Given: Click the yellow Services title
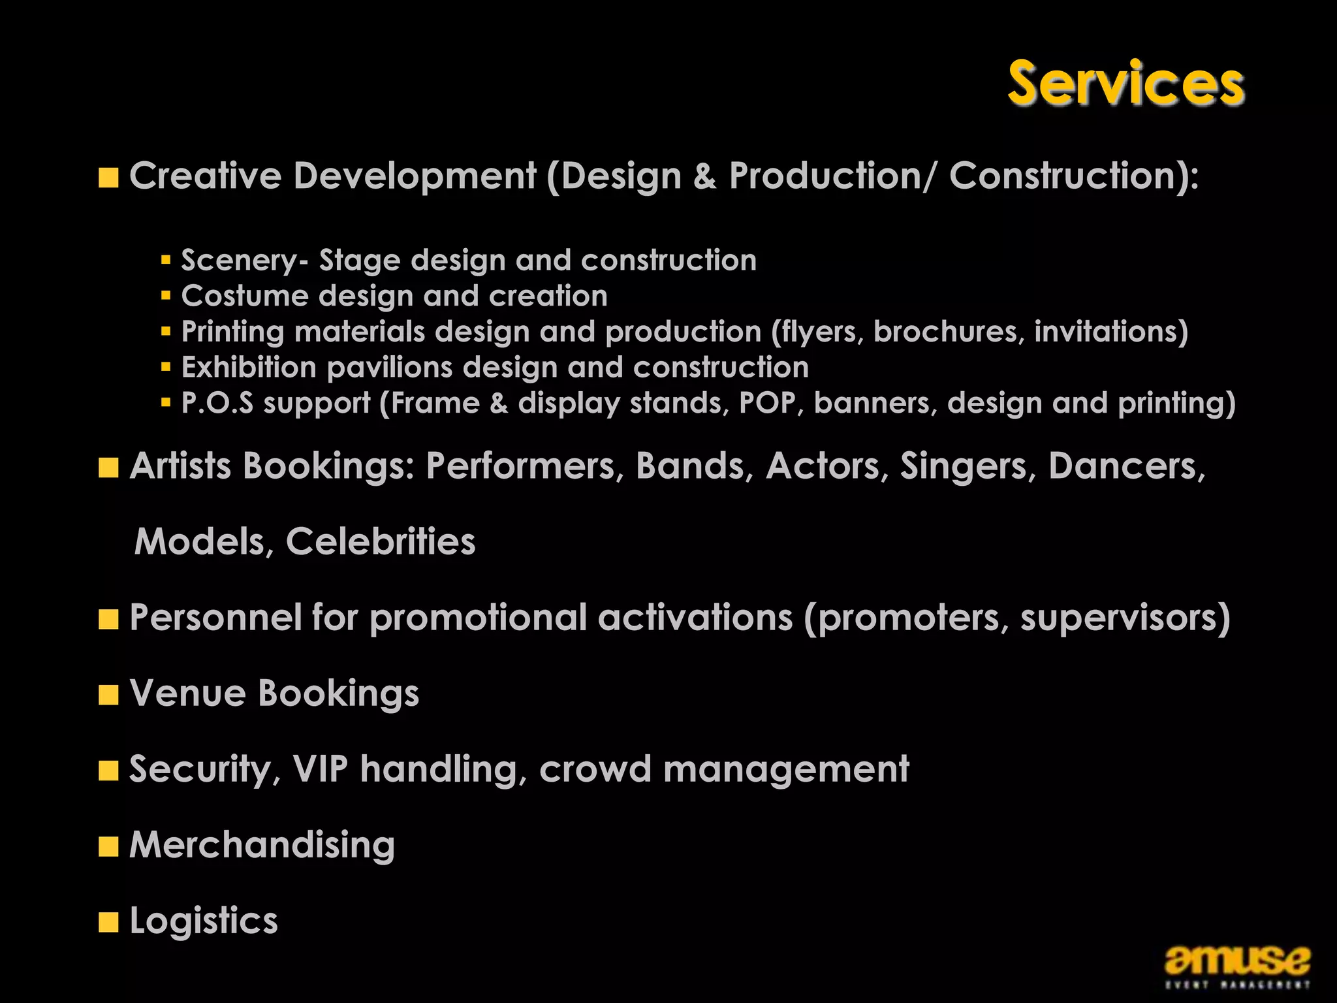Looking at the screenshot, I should coord(1125,83).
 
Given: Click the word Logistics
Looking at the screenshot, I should coord(204,921).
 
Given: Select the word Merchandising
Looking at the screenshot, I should coord(262,845).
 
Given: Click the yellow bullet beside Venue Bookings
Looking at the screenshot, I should coord(108,695).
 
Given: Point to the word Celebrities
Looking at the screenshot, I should coord(381,541).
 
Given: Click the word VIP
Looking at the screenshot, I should coord(320,769).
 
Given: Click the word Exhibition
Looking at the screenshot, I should coord(249,367).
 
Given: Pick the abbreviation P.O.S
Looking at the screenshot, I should coord(217,403).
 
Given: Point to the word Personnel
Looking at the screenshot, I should coord(215,617).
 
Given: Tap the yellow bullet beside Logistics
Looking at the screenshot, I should coord(108,922).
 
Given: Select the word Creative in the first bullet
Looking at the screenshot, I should coord(205,176).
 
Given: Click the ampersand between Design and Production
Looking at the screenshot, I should coord(704,176).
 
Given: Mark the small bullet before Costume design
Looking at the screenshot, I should coord(166,296).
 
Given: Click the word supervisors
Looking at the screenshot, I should coord(1125,618).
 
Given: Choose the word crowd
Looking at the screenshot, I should coord(595,769).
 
